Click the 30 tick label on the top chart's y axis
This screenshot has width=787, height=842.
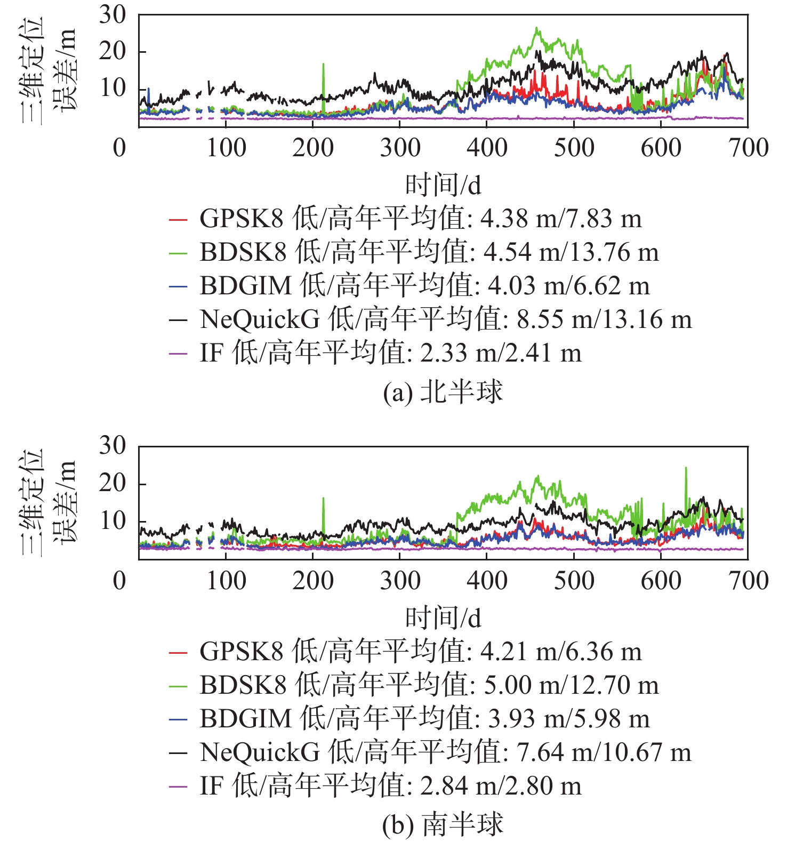tap(113, 15)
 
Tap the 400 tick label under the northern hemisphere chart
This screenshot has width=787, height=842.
tap(487, 148)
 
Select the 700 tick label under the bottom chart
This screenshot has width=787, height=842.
tap(749, 581)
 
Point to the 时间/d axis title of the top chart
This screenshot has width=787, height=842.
tap(443, 185)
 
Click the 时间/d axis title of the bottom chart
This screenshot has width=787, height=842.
tap(443, 618)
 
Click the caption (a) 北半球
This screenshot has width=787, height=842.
tap(443, 392)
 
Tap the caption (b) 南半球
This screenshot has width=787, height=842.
tap(443, 825)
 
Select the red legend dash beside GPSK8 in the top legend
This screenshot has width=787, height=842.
tap(178, 219)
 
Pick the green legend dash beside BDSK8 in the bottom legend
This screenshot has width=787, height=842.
tap(178, 686)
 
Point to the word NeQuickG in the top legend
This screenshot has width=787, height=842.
tap(260, 319)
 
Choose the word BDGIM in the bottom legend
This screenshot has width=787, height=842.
tap(245, 719)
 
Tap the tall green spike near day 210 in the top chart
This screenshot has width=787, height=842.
tap(323, 65)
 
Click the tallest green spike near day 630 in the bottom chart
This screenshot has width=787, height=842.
tap(686, 469)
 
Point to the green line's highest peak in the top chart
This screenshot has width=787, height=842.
tap(536, 28)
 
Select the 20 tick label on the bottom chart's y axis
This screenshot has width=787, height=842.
tap(113, 483)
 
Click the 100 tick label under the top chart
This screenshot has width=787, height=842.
tap(226, 148)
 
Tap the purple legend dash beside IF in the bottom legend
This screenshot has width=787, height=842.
tap(178, 786)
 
